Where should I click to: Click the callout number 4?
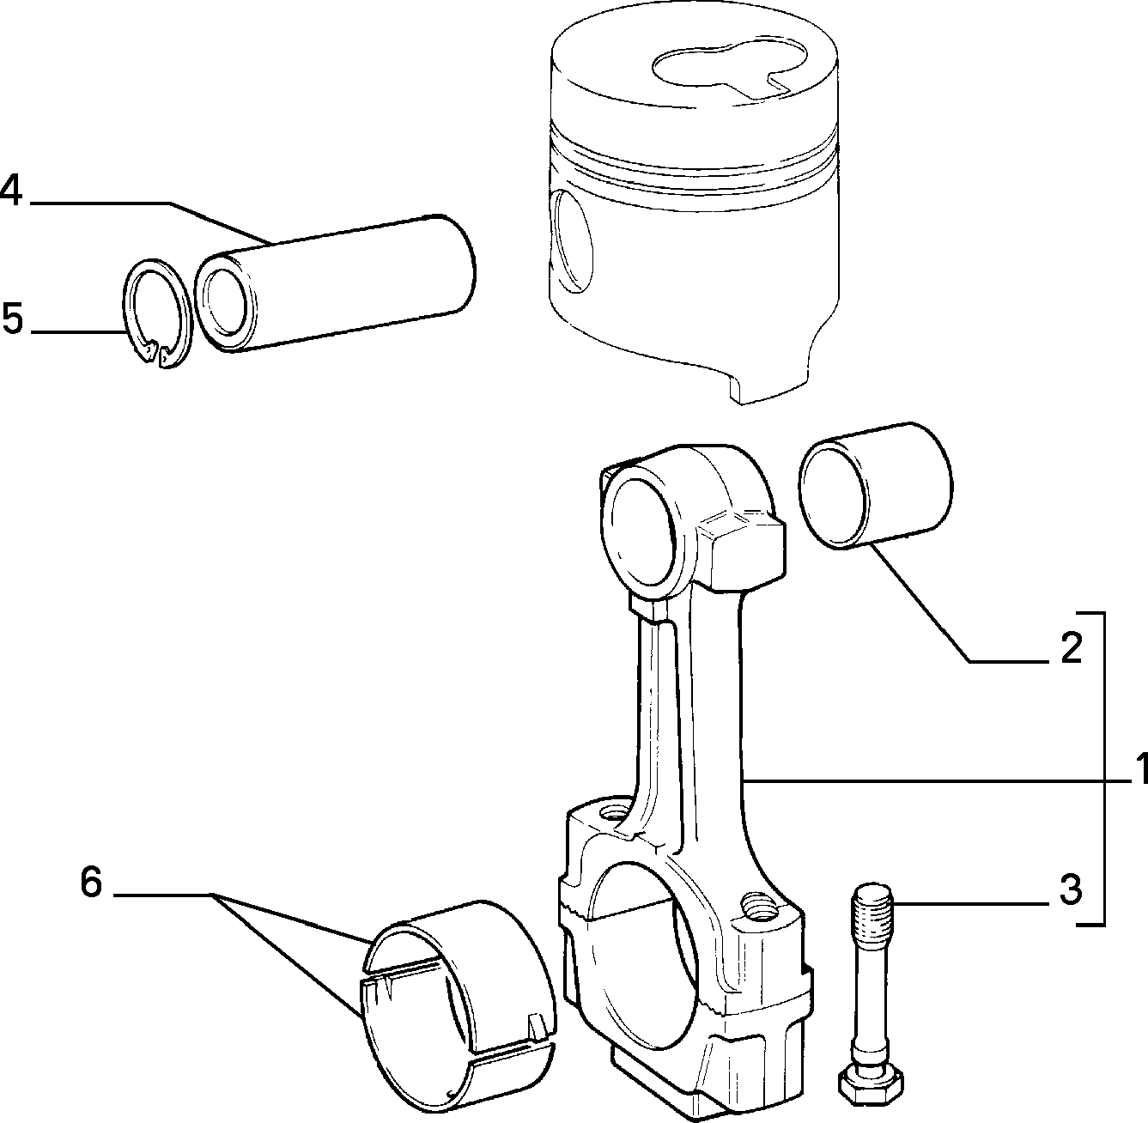11,191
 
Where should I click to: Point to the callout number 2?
1072,647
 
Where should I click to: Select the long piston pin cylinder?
335,283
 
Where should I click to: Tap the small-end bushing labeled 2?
875,485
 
